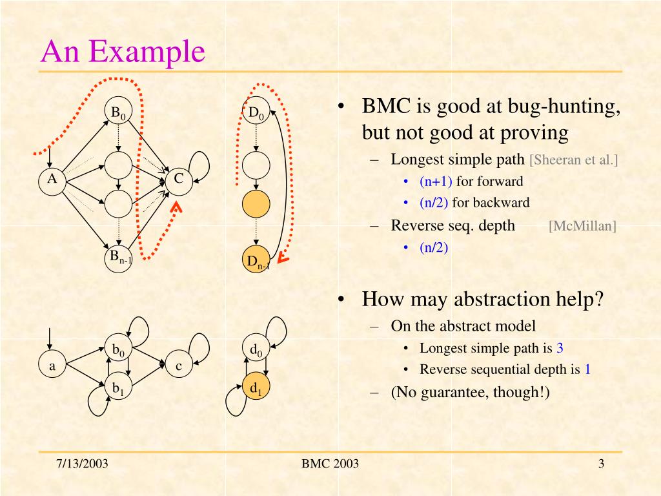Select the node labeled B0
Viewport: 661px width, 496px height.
(x=119, y=114)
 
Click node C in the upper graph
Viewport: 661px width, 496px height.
(x=179, y=180)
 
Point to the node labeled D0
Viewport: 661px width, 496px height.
(x=256, y=114)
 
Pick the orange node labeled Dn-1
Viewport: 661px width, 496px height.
(x=256, y=261)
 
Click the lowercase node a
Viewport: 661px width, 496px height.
(x=53, y=366)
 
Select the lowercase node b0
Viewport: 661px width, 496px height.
(x=119, y=350)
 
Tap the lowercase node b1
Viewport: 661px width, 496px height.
(x=119, y=388)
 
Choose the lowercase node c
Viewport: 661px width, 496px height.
(x=179, y=366)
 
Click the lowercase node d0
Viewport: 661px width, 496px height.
(x=256, y=350)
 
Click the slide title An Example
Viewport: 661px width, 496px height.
(x=123, y=51)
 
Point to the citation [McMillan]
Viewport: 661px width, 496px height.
(x=582, y=226)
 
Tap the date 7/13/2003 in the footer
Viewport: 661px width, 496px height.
(x=82, y=464)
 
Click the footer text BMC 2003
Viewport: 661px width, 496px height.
(x=330, y=464)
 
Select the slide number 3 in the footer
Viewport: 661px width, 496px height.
(x=600, y=464)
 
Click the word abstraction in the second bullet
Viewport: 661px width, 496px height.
(x=494, y=300)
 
